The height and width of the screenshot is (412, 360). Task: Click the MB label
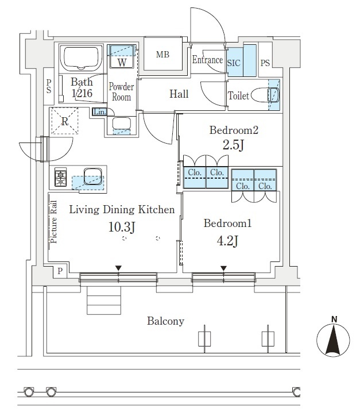pyautogui.click(x=162, y=55)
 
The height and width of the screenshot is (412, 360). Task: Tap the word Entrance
pyautogui.click(x=207, y=60)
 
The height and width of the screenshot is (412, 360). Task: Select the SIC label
pyautogui.click(x=234, y=63)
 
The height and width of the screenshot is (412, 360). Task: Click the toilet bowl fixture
pyautogui.click(x=265, y=95)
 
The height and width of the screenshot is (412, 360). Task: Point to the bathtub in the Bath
pyautogui.click(x=81, y=59)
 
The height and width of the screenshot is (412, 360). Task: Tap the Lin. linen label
pyautogui.click(x=99, y=112)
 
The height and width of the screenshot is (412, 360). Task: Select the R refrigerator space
pyautogui.click(x=64, y=121)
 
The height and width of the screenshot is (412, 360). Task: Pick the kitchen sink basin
pyautogui.click(x=92, y=176)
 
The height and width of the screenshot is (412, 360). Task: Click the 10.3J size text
pyautogui.click(x=122, y=227)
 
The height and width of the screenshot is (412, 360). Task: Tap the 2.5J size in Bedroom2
pyautogui.click(x=234, y=145)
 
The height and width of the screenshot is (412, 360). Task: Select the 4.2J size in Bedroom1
pyautogui.click(x=228, y=241)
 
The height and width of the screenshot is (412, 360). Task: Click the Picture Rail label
pyautogui.click(x=53, y=222)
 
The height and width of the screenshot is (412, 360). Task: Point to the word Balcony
pyautogui.click(x=166, y=321)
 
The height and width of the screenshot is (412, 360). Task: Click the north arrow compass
pyautogui.click(x=333, y=339)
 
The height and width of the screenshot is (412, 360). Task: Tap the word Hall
pyautogui.click(x=179, y=94)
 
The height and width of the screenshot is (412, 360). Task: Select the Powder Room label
pyautogui.click(x=121, y=92)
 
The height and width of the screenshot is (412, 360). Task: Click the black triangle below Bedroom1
pyautogui.click(x=223, y=268)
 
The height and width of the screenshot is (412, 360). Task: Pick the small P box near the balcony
pyautogui.click(x=60, y=271)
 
